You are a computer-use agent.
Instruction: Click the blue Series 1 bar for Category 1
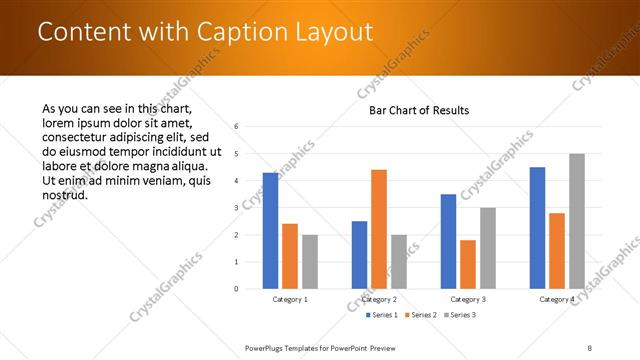[x=270, y=230]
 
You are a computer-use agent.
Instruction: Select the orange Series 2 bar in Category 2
[x=379, y=229]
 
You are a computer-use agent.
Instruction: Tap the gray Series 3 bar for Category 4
[x=577, y=221]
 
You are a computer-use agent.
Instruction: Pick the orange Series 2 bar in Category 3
[x=468, y=264]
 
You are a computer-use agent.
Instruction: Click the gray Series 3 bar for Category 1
[x=310, y=261]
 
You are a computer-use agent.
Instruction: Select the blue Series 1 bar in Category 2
[x=359, y=254]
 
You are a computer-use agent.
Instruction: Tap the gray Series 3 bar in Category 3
[x=488, y=248]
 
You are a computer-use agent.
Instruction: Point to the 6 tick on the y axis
[x=236, y=127]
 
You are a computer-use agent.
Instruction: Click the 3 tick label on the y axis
[x=236, y=208]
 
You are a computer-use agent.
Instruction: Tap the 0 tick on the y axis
[x=236, y=289]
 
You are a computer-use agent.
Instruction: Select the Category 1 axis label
[x=290, y=299]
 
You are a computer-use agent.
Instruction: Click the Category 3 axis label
[x=468, y=299]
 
